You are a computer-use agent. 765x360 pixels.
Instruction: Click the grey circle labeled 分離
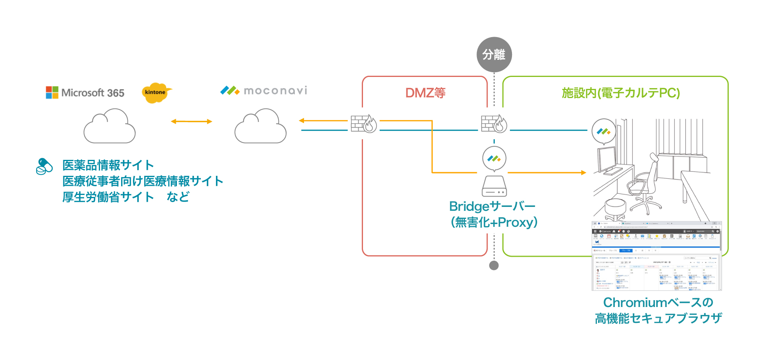point(494,55)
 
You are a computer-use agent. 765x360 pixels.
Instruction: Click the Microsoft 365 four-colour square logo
point(52,92)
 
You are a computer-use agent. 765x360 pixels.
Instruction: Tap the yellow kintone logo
point(156,92)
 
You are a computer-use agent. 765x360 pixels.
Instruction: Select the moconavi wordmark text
point(275,91)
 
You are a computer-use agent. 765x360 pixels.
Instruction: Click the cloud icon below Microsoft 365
point(110,127)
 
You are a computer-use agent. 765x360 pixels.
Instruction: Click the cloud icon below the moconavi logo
point(261,127)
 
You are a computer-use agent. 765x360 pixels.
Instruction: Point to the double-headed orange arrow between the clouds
point(191,122)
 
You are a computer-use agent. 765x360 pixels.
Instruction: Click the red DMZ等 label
point(425,93)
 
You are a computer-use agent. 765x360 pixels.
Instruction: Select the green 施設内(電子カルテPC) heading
point(620,93)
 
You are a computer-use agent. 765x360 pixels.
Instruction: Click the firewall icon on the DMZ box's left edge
point(363,124)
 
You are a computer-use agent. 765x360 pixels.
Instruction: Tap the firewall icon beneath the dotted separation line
point(494,124)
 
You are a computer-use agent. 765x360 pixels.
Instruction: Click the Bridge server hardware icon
point(494,186)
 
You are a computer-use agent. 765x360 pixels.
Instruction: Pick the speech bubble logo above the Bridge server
point(494,158)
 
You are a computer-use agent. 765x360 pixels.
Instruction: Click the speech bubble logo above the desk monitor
point(604,131)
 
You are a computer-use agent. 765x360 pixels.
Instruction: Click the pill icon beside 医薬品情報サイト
point(44,167)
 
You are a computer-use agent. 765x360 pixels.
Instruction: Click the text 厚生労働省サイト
point(108,197)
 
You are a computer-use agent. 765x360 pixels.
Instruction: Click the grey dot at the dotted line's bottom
point(494,266)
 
